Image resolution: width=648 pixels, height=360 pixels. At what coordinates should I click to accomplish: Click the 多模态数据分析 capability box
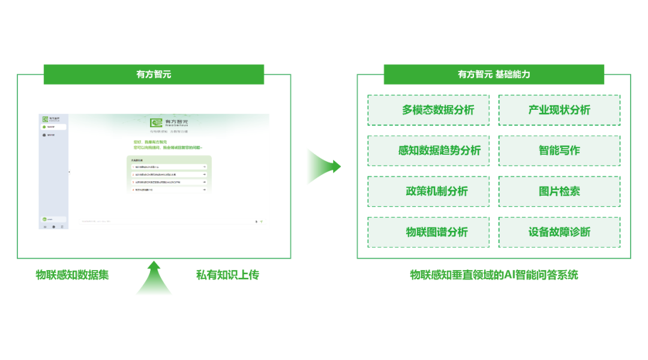[x=428, y=110]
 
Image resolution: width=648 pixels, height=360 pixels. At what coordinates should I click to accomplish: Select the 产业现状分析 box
[x=559, y=110]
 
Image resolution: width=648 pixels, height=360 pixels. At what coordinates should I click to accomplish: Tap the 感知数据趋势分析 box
[x=428, y=151]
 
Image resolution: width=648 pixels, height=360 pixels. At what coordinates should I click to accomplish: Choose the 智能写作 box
[x=559, y=151]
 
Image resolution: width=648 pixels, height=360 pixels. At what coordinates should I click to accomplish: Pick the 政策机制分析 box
[x=428, y=191]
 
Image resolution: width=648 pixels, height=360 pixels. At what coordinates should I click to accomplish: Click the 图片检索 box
[x=559, y=191]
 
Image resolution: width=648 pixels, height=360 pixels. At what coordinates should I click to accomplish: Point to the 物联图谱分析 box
[x=428, y=232]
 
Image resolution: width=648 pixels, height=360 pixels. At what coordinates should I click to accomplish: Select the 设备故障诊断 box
[x=559, y=232]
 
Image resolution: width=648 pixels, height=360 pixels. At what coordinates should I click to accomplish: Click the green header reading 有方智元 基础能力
[x=494, y=74]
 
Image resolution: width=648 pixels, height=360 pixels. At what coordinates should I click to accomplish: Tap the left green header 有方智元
[x=154, y=74]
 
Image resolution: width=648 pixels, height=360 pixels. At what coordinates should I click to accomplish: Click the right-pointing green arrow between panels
[x=323, y=167]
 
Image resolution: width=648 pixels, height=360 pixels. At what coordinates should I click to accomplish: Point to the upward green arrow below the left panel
[x=154, y=278]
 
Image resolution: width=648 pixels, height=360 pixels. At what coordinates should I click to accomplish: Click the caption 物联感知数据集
[x=73, y=275]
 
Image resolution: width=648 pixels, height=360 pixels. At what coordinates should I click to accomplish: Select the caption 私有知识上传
[x=227, y=275]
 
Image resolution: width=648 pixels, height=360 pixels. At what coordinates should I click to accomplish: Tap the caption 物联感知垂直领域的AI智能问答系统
[x=494, y=275]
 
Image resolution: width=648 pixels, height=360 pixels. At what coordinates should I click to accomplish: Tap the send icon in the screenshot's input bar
[x=262, y=221]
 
